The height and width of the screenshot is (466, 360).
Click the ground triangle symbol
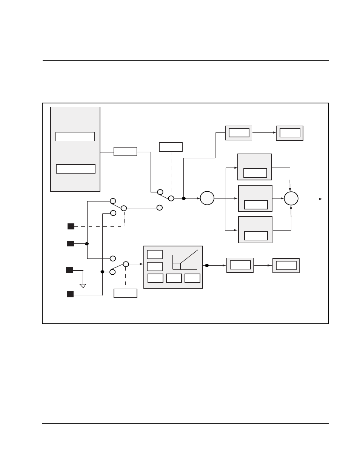[83, 286]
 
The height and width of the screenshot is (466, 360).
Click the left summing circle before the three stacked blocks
[207, 198]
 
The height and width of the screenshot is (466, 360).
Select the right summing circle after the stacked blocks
[291, 198]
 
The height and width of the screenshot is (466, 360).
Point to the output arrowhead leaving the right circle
[321, 198]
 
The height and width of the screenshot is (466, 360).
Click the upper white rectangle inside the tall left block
[75, 137]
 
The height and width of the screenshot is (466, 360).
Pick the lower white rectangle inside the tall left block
[75, 169]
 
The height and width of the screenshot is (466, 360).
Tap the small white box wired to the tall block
[125, 151]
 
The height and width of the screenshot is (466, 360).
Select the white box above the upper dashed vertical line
[171, 147]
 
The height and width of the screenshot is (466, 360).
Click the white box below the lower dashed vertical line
[125, 293]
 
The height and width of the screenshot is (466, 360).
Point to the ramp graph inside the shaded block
[185, 260]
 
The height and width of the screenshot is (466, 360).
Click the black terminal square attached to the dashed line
[71, 226]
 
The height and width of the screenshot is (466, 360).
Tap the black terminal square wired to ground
[69, 270]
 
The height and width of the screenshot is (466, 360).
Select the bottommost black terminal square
[70, 294]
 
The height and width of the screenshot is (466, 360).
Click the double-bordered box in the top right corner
[290, 133]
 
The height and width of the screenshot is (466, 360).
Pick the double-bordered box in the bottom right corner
[286, 265]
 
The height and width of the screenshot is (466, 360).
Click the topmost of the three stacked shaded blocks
[254, 167]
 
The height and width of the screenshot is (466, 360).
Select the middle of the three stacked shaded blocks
[255, 198]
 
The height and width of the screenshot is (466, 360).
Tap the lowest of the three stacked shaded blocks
[255, 229]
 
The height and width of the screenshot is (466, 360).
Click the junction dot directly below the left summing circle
[207, 265]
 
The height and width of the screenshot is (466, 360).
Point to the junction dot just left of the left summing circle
[184, 198]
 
